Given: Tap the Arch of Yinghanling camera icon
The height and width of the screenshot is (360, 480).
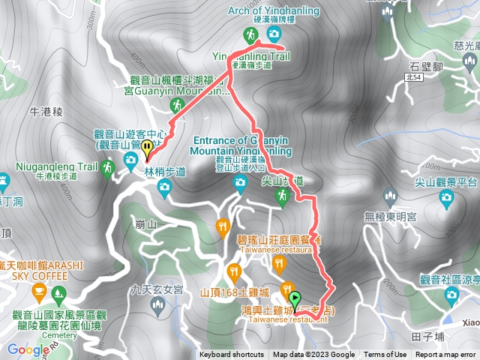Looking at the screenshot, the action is tap(273, 33).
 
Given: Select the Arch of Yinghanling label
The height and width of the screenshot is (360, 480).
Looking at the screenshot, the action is tap(276, 11).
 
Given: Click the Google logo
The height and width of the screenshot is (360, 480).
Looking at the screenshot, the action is tap(28, 349).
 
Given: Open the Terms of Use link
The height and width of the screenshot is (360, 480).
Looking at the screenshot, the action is tap(385, 355).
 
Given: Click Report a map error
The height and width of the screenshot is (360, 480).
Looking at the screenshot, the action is tap(445, 355).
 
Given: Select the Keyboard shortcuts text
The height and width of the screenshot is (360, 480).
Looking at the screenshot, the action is tap(231, 355).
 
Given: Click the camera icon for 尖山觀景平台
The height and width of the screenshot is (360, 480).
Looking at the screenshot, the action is tap(447, 197).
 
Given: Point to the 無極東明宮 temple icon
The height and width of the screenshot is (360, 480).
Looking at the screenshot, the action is tap(389, 197).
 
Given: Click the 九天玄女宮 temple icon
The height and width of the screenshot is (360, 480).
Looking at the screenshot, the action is tap(157, 304).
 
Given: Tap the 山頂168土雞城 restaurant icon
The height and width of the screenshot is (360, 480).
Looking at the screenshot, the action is tap(234, 270).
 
